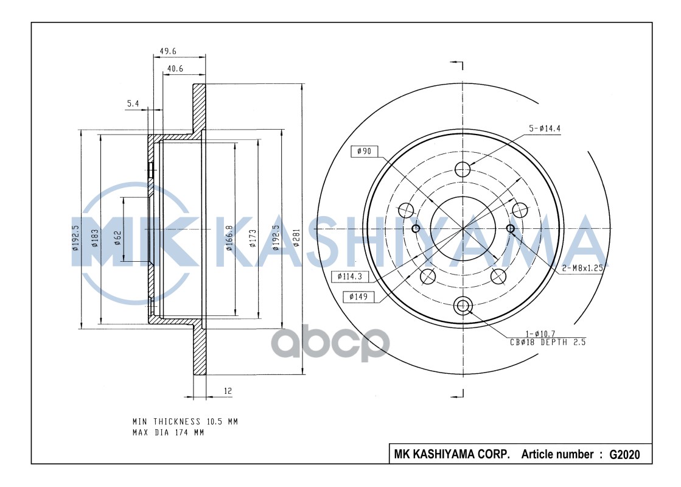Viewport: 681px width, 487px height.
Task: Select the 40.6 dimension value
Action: coord(175,69)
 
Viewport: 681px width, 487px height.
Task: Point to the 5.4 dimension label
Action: coord(133,105)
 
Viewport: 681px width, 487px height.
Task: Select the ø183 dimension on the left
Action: coord(96,239)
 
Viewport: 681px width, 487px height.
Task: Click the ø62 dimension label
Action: coord(117,237)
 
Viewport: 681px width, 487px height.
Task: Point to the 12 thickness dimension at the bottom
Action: coord(228,391)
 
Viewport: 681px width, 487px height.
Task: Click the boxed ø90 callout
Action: coord(364,151)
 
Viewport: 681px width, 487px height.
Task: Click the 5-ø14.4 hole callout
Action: coord(543,128)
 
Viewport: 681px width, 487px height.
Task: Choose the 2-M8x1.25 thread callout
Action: coord(582,267)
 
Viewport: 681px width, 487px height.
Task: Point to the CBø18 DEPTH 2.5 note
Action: coord(547,342)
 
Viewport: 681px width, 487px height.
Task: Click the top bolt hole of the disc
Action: coord(463,168)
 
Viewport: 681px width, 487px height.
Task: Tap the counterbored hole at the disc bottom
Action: coord(463,305)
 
